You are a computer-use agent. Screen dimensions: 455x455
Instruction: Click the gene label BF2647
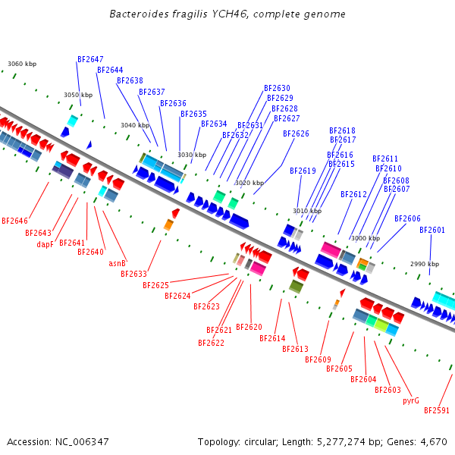[90, 59]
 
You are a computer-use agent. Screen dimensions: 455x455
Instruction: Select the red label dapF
[45, 244]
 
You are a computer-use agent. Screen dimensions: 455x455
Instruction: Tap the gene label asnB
[117, 264]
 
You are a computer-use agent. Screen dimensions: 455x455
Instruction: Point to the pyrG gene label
[411, 400]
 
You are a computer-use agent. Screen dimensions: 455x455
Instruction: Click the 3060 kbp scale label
[22, 64]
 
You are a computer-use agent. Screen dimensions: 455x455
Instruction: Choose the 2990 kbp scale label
[425, 264]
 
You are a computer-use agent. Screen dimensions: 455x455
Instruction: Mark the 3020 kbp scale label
[249, 183]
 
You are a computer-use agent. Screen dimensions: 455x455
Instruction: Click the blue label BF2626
[296, 134]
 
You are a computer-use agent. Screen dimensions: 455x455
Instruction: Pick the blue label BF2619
[303, 171]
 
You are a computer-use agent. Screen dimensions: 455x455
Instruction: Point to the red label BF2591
[437, 410]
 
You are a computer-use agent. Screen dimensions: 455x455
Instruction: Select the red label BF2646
[14, 221]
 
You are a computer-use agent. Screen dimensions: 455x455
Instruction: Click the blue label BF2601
[432, 231]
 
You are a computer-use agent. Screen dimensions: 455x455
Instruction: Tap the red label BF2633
[133, 274]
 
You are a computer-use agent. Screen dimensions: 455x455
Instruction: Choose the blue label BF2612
[353, 195]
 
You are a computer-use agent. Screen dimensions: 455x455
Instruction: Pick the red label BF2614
[272, 338]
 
